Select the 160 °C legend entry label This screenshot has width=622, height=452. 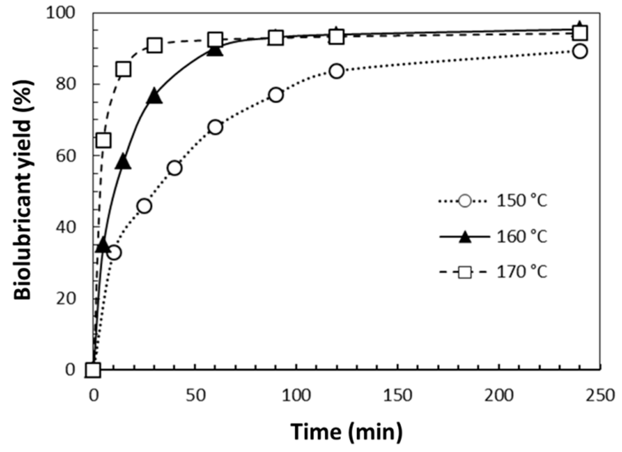tap(521, 237)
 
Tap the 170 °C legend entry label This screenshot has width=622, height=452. tap(521, 272)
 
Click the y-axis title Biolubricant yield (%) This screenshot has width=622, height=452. tap(23, 190)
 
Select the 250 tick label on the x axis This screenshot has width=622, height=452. tap(600, 395)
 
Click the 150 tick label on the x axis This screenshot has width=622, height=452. tap(397, 395)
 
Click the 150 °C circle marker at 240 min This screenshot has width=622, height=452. tap(580, 51)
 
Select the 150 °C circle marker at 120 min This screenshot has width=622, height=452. tap(337, 71)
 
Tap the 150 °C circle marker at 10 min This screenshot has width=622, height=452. tap(114, 253)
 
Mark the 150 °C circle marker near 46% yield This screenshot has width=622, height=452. tap(144, 206)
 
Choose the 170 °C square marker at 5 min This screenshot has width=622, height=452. tap(103, 140)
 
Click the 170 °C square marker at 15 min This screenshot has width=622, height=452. tap(123, 69)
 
